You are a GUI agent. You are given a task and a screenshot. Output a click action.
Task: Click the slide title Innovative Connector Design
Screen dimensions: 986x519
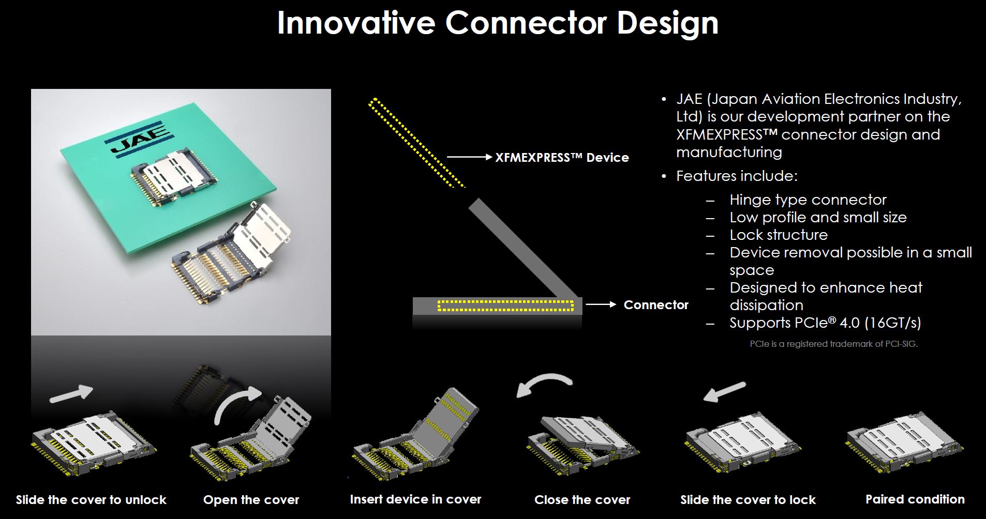[498, 22]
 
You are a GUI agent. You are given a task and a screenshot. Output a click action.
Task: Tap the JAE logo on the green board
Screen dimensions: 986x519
[140, 139]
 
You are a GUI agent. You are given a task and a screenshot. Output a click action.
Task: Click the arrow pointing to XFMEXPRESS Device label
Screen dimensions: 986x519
[469, 157]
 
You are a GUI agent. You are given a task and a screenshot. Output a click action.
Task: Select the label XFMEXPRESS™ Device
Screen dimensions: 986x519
[562, 158]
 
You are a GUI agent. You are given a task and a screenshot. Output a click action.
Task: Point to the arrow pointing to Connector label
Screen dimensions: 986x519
[601, 304]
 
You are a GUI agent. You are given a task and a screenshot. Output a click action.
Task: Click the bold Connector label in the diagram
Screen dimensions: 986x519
[656, 305]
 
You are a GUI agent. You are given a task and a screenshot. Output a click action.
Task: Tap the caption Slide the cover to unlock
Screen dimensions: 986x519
[91, 500]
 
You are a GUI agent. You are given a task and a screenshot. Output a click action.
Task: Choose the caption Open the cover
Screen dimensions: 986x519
[251, 500]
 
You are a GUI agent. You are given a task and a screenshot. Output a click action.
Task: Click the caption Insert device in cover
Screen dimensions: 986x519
[415, 499]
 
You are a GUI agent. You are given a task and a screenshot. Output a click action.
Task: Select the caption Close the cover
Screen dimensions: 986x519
[582, 500]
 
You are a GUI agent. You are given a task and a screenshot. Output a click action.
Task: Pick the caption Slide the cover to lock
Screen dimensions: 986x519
[748, 500]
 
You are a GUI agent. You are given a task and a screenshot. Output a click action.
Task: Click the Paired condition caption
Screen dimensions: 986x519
[915, 499]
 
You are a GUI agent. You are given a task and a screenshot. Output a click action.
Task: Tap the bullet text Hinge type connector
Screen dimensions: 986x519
[808, 200]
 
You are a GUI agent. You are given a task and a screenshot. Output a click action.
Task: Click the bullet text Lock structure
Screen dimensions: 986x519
[778, 235]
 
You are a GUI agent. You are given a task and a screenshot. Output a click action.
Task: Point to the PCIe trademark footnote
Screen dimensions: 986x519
[833, 344]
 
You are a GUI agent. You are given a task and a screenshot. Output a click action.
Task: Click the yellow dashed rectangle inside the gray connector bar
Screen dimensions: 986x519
[506, 306]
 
